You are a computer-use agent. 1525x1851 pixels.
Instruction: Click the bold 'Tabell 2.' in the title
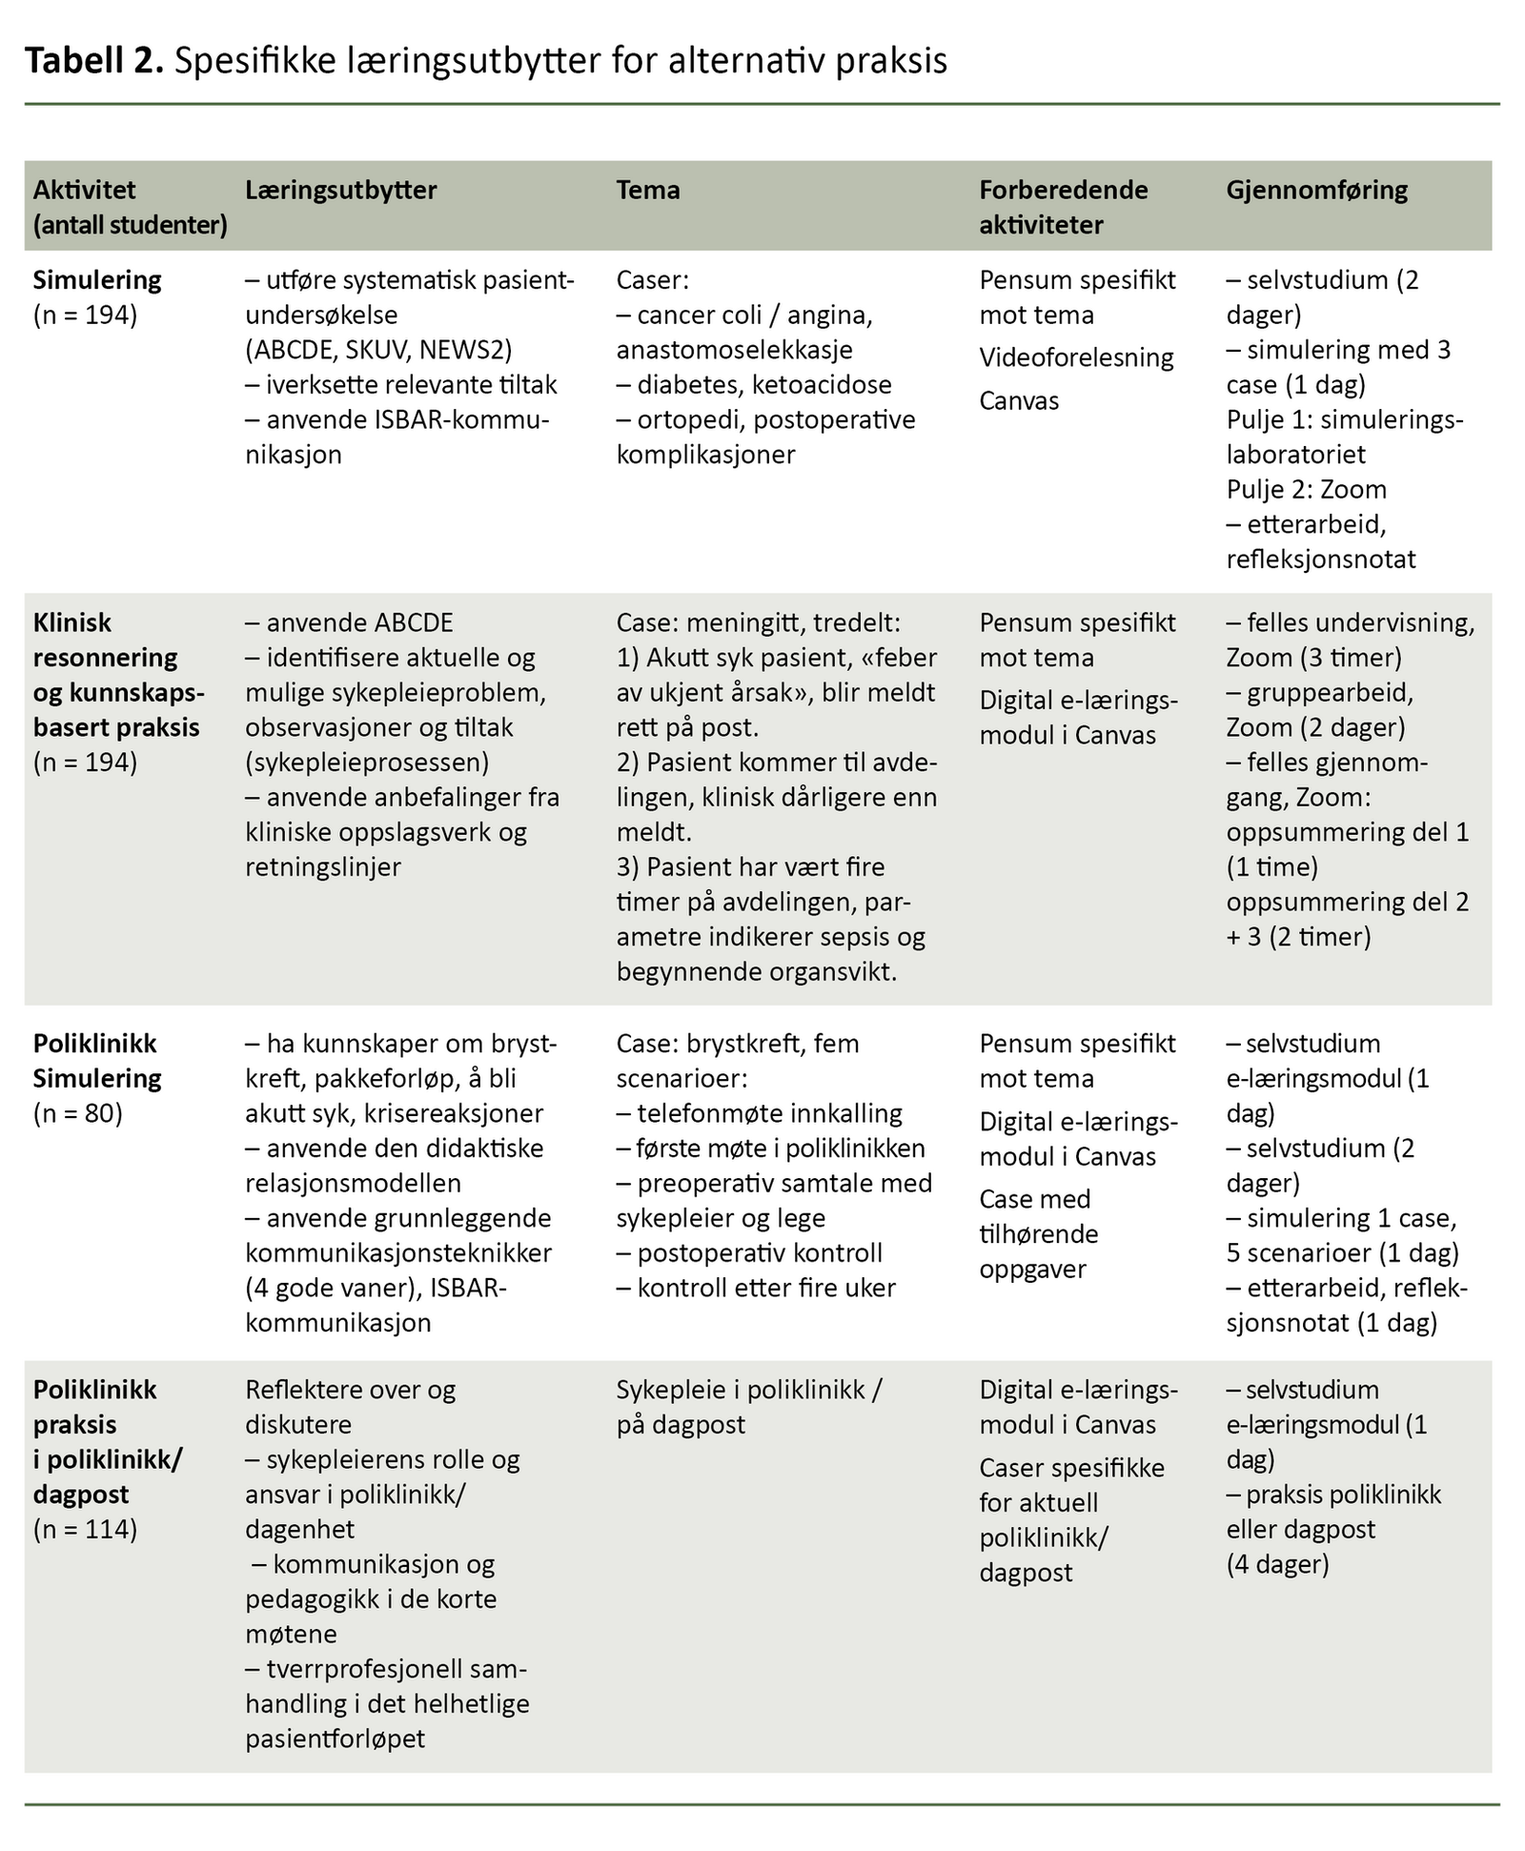[94, 61]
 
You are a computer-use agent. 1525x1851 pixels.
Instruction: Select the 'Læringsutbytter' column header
[340, 190]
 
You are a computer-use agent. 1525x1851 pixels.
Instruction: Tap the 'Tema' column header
[648, 190]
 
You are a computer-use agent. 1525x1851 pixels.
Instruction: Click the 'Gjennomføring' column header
[1316, 190]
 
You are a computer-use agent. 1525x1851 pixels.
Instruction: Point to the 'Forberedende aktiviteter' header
[1064, 207]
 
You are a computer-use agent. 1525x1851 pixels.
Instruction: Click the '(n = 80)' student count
[78, 1113]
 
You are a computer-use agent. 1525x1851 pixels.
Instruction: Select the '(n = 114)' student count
[85, 1530]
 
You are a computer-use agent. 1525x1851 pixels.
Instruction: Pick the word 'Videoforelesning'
[1076, 357]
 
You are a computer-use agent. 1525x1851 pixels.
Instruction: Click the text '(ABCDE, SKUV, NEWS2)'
[378, 350]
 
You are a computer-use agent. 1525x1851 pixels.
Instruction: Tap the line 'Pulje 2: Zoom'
[1306, 489]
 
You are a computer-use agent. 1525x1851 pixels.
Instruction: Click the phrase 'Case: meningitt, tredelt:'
[758, 622]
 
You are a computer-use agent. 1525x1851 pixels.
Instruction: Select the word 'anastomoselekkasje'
[734, 350]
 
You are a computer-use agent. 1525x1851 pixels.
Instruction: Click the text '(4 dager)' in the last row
[1277, 1564]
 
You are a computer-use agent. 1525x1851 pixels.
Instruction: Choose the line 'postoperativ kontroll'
[760, 1252]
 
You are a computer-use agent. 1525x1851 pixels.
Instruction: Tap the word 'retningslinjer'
[323, 866]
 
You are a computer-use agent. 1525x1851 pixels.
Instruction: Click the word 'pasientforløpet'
[335, 1739]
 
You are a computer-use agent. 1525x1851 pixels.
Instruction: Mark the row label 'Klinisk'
[72, 622]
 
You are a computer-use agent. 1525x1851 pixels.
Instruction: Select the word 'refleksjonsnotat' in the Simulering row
[1320, 559]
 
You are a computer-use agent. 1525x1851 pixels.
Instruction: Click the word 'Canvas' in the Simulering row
[1019, 400]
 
